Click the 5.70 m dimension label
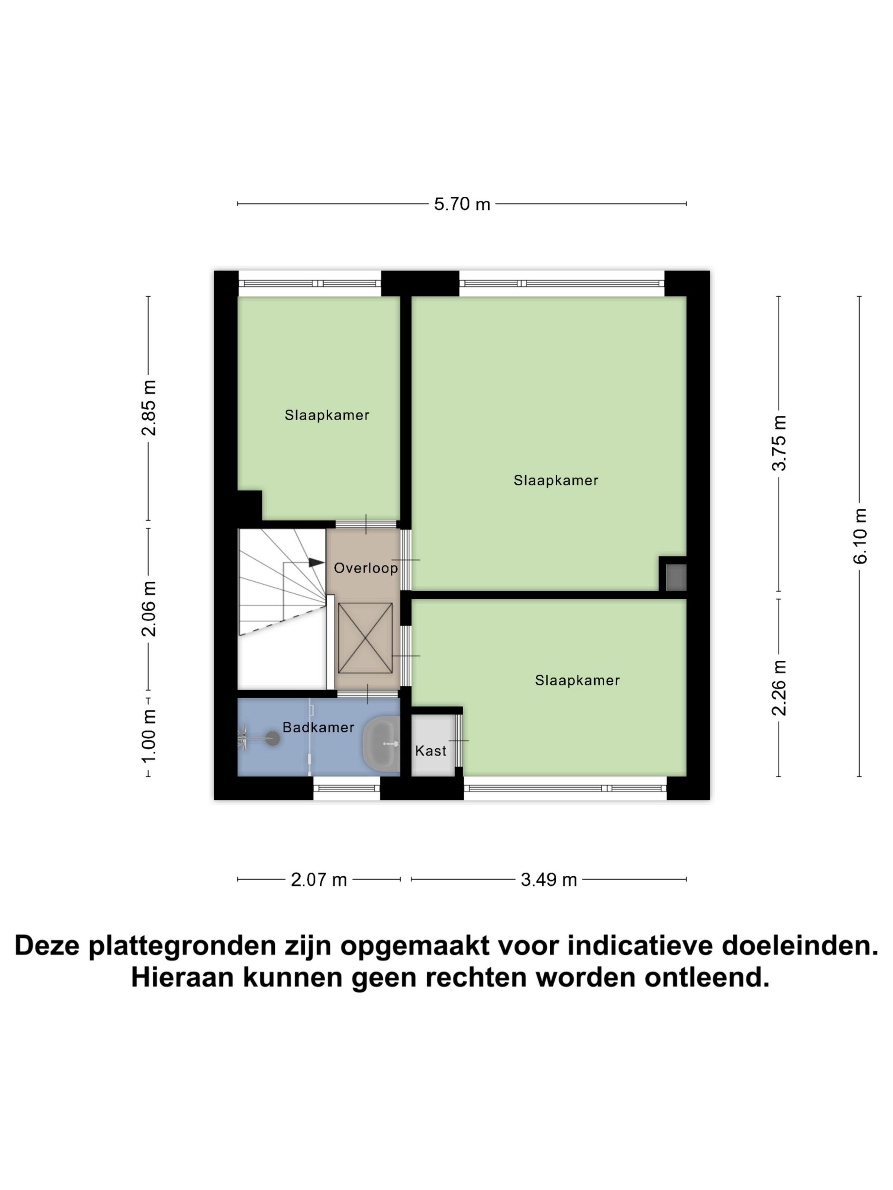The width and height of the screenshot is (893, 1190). pos(461,204)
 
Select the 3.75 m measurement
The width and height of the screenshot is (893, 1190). pos(779,443)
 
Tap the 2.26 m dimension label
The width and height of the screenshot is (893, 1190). pos(779,688)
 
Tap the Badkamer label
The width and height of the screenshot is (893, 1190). pos(318,727)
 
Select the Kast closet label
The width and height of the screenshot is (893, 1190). pos(431,751)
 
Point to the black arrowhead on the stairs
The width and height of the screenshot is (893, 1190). pos(316,563)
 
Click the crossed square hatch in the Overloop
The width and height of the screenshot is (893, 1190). pos(365,637)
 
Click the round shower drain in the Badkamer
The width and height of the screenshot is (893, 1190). pos(273,739)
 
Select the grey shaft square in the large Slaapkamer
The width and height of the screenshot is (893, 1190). pos(676,577)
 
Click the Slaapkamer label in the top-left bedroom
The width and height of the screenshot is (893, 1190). pos(327,415)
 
